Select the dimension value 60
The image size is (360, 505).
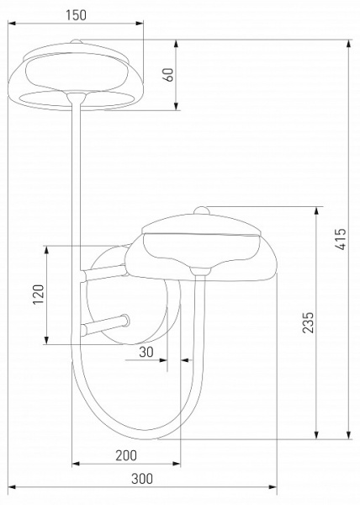[x=168, y=74]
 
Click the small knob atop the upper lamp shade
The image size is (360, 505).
[x=77, y=41]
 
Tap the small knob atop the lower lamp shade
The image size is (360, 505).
[x=202, y=210]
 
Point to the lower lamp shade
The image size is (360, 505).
[x=202, y=248]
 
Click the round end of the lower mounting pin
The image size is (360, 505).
[x=124, y=320]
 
